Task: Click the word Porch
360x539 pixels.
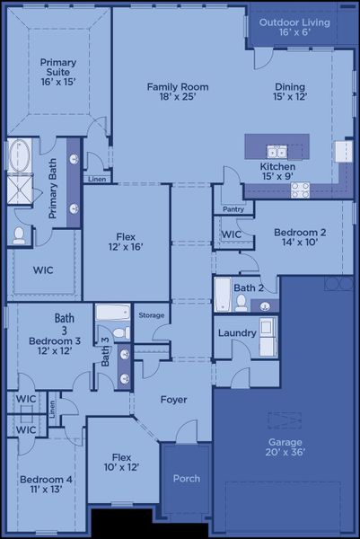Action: tap(186, 479)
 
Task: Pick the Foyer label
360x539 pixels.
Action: tap(173, 400)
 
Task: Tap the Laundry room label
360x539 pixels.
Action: tap(238, 332)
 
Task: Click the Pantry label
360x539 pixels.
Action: tap(233, 209)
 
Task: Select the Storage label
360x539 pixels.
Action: tap(152, 315)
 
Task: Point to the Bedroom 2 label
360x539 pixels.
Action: tap(300, 238)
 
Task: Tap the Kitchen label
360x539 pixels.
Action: tap(277, 172)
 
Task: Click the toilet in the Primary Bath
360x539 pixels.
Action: tap(19, 235)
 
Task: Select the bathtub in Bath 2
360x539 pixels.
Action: tap(223, 294)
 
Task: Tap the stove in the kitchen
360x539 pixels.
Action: tap(300, 190)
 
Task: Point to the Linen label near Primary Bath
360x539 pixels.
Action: tap(96, 179)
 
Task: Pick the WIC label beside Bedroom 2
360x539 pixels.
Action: tap(231, 234)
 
